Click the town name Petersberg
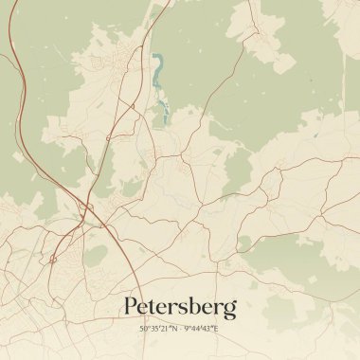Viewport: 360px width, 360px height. click(180, 307)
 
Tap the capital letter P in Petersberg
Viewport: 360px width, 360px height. click(131, 306)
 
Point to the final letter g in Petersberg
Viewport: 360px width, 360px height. click(229, 311)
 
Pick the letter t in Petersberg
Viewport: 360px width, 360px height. click(155, 307)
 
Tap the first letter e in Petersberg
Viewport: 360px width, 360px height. click(144, 309)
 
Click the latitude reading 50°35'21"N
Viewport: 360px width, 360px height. click(156, 328)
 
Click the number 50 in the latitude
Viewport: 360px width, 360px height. click(143, 328)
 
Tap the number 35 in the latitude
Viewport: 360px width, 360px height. click(153, 328)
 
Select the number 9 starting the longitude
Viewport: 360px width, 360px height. click(185, 328)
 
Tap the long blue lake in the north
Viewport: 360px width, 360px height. click(157, 71)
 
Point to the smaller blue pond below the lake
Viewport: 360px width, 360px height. click(165, 117)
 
